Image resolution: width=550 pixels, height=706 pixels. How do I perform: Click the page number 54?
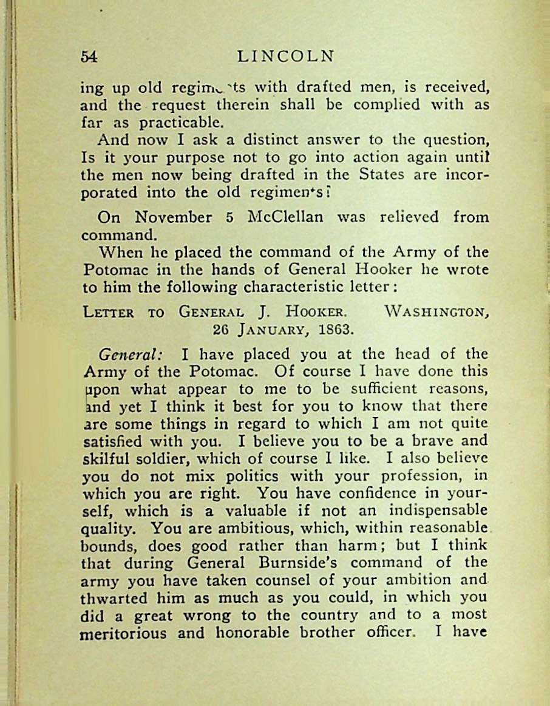click(x=89, y=56)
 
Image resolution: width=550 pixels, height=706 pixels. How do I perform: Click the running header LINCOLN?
click(x=286, y=56)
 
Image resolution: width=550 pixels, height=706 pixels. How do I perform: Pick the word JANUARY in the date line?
click(x=267, y=331)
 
